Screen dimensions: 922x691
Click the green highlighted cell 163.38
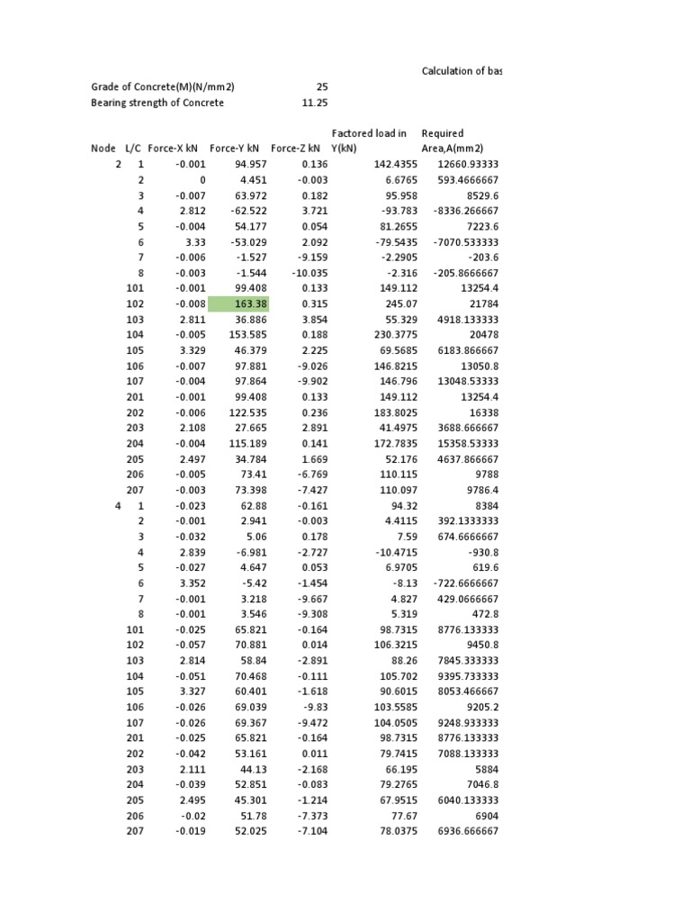pyautogui.click(x=238, y=303)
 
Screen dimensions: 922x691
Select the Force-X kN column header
pyautogui.click(x=173, y=149)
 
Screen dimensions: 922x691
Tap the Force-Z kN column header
pyautogui.click(x=295, y=149)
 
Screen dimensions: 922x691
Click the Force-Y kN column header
pyautogui.click(x=234, y=149)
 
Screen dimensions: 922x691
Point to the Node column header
pyautogui.click(x=103, y=149)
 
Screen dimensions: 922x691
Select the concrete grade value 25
pyautogui.click(x=322, y=87)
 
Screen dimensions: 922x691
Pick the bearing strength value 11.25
pyautogui.click(x=315, y=103)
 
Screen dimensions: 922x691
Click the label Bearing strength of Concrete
pyautogui.click(x=157, y=103)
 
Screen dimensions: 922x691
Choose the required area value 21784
pyautogui.click(x=477, y=303)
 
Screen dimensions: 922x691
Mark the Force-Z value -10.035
pyautogui.click(x=310, y=273)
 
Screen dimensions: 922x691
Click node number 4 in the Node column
pyautogui.click(x=118, y=506)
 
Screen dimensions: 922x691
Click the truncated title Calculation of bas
pyautogui.click(x=462, y=71)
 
